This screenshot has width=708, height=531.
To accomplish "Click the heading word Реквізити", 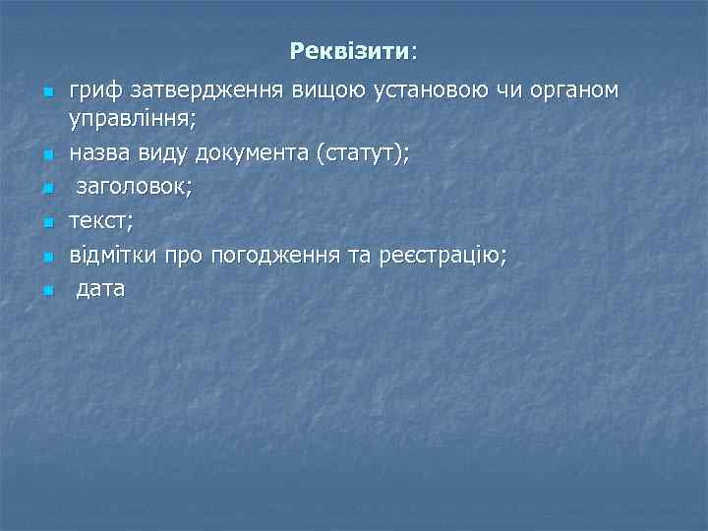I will (350, 49).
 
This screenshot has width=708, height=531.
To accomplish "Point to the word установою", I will (435, 91).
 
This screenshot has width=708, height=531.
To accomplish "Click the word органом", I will (576, 91).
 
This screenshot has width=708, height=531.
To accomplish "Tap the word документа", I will (256, 153).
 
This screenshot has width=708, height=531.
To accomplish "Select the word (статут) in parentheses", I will (366, 153).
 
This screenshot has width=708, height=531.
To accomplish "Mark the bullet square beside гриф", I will (45, 94).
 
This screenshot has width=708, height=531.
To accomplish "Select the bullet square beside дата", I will (45, 292).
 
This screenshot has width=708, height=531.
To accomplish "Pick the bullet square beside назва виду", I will (45, 155).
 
